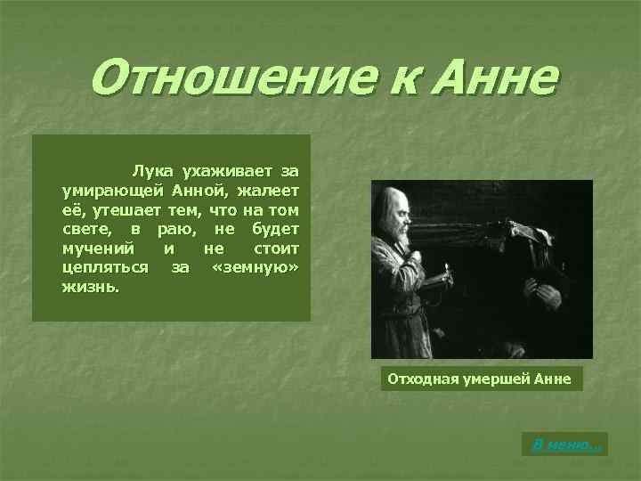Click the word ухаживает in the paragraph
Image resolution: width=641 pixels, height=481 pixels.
[224, 169]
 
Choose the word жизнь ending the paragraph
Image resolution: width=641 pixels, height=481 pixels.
[91, 288]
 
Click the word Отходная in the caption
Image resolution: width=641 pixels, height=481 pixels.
[422, 379]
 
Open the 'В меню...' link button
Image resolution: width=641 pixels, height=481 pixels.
[565, 444]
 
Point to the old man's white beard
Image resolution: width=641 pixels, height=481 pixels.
[401, 239]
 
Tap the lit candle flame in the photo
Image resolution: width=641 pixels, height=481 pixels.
[446, 265]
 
